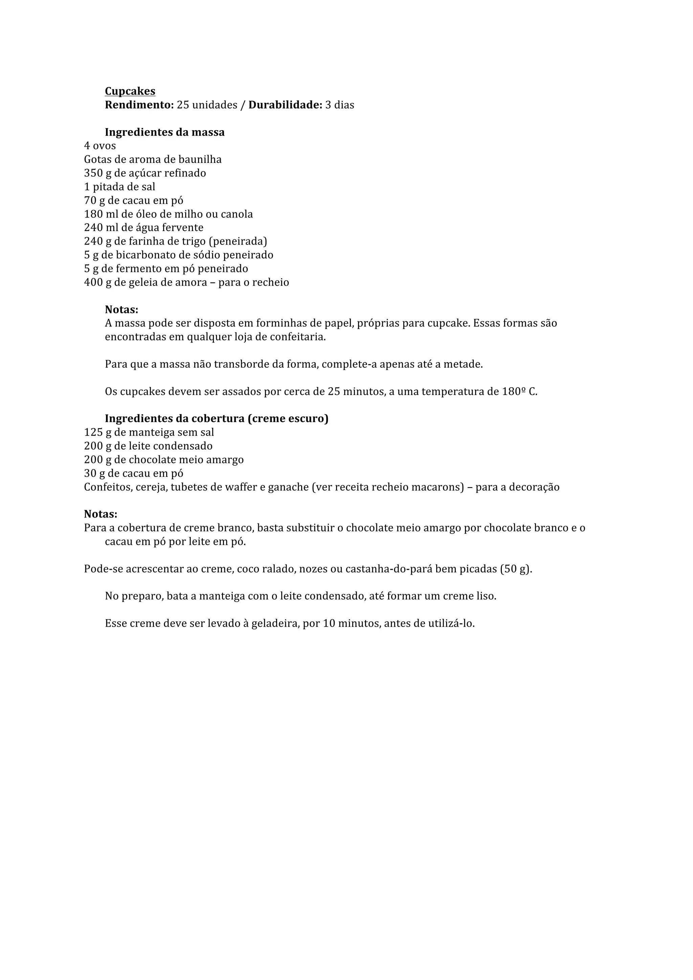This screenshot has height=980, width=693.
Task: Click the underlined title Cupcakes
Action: coord(130,91)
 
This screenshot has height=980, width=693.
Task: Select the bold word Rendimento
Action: coord(139,105)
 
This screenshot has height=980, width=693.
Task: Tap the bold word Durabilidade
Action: coord(285,105)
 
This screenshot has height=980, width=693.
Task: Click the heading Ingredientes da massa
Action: coord(164,132)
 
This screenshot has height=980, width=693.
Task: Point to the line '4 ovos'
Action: coord(100,146)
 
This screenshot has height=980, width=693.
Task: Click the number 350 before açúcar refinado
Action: coord(93,173)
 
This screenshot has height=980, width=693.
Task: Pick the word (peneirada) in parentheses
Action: coord(238,241)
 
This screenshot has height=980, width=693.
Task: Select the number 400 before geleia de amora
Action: coord(93,283)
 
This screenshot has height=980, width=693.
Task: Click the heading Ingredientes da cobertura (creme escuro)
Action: coord(217,419)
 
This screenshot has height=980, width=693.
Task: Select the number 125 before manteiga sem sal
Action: coord(93,433)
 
